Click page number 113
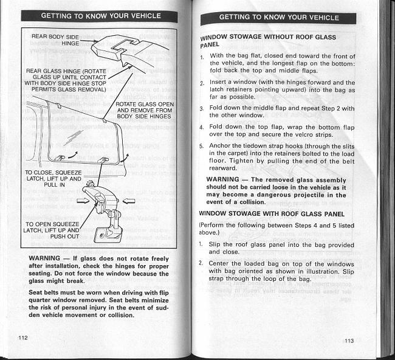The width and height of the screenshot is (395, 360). (348, 341)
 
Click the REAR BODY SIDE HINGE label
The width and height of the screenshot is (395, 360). (55, 40)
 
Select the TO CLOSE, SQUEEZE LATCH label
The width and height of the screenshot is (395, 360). (53, 179)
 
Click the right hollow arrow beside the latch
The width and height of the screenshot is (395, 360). (128, 200)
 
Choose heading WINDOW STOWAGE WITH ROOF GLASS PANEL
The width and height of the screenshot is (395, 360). (272, 213)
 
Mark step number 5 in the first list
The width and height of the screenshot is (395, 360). (202, 146)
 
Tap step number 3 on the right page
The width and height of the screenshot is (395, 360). (202, 109)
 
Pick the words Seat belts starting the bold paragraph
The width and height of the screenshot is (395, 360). (46, 292)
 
